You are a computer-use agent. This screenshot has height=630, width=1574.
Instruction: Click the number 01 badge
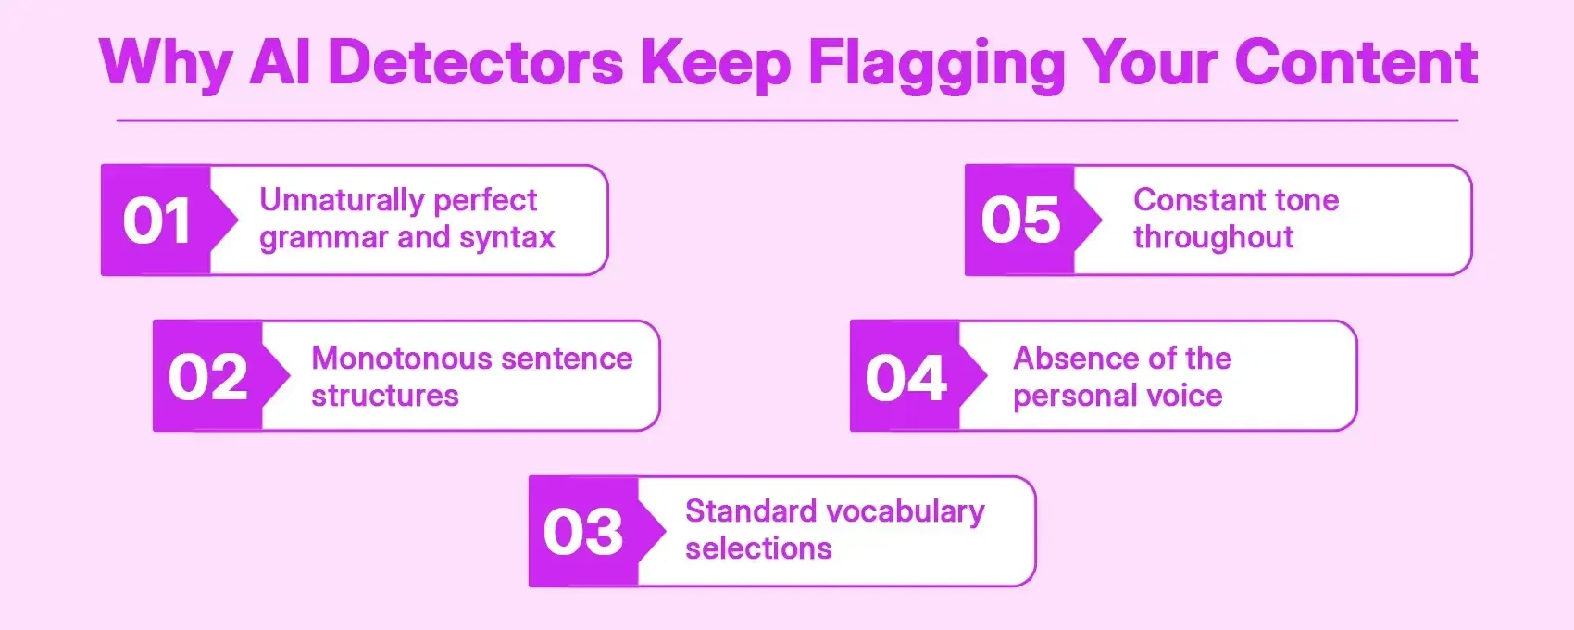156,221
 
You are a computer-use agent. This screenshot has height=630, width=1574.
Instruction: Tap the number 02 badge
208,377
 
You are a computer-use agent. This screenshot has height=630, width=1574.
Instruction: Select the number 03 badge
583,533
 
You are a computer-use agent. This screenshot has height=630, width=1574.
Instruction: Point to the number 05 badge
1020,220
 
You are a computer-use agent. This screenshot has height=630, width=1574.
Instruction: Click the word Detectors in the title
476,63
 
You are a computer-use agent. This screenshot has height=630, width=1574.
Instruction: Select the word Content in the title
1355,63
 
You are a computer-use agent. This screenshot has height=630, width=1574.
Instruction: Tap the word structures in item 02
385,396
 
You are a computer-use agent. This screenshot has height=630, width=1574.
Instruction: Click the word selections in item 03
758,548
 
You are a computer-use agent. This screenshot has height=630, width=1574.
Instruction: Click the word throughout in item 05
1213,238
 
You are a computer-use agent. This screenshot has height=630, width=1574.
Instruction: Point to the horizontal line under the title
787,120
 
